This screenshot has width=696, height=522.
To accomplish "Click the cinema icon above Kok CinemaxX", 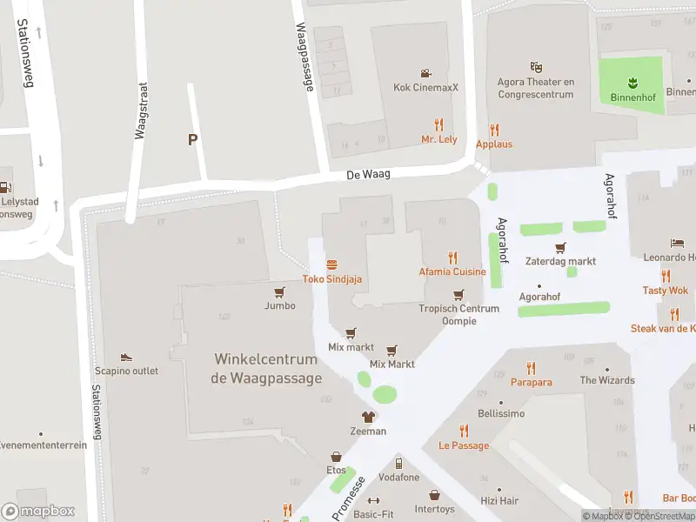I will [x=425, y=73].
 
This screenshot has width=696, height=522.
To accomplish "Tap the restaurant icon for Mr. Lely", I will [x=438, y=124].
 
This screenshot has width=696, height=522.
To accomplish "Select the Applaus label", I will [x=494, y=144].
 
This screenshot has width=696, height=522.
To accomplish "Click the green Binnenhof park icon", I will [x=632, y=83].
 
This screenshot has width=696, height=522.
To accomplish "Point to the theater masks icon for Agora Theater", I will [x=537, y=66].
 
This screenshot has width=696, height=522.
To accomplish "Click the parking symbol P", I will [x=192, y=139].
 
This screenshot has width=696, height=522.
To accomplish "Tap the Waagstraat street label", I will [x=142, y=110].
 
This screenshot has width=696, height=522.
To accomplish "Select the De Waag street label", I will [x=368, y=175].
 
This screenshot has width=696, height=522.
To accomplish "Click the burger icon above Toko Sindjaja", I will [x=331, y=264].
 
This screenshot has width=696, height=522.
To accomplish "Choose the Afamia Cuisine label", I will [x=452, y=272].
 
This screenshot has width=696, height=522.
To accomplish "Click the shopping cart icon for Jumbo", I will [x=279, y=292].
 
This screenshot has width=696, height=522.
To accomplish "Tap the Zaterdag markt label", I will [x=560, y=261].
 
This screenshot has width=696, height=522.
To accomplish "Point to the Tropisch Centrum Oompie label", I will [x=458, y=315].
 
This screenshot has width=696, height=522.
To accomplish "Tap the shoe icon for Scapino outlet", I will [x=126, y=357].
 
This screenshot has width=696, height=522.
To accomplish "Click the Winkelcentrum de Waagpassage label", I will [x=266, y=369].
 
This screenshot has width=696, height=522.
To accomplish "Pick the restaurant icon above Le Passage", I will [x=464, y=431].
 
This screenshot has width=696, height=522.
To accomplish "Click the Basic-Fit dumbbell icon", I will [x=374, y=501].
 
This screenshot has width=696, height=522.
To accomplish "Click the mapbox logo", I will [x=38, y=512].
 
